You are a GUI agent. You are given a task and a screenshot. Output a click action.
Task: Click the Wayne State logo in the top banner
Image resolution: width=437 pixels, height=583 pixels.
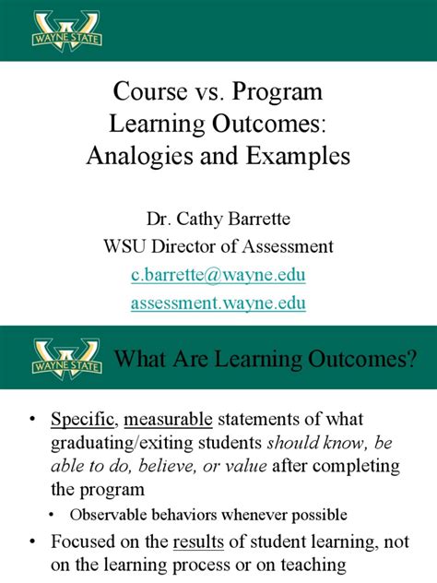coord(65,30)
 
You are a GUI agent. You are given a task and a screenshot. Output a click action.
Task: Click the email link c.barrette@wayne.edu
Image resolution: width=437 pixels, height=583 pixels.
coord(218,275)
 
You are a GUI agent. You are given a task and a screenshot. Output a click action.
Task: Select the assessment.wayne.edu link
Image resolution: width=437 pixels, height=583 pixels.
coord(218,303)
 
